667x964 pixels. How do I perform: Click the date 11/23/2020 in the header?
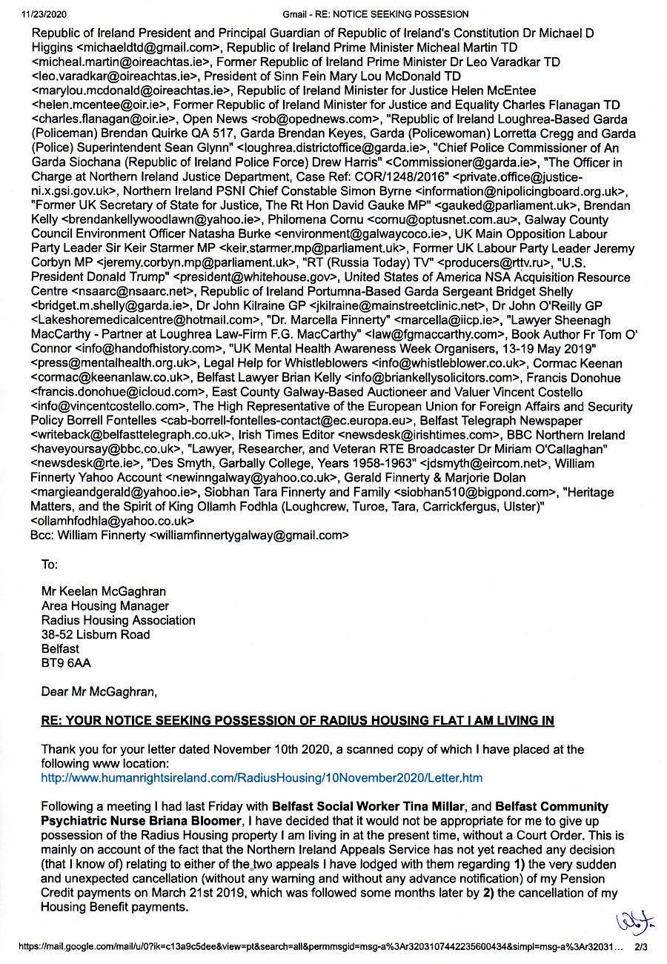(26, 14)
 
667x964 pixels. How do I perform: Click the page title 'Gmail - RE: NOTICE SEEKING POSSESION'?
(376, 14)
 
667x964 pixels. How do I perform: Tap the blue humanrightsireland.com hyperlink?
(262, 778)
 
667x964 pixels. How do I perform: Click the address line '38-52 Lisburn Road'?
(96, 634)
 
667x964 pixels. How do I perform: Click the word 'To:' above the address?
(50, 565)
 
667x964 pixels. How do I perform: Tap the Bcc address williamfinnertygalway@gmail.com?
(249, 533)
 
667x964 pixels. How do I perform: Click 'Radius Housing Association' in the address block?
(119, 620)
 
